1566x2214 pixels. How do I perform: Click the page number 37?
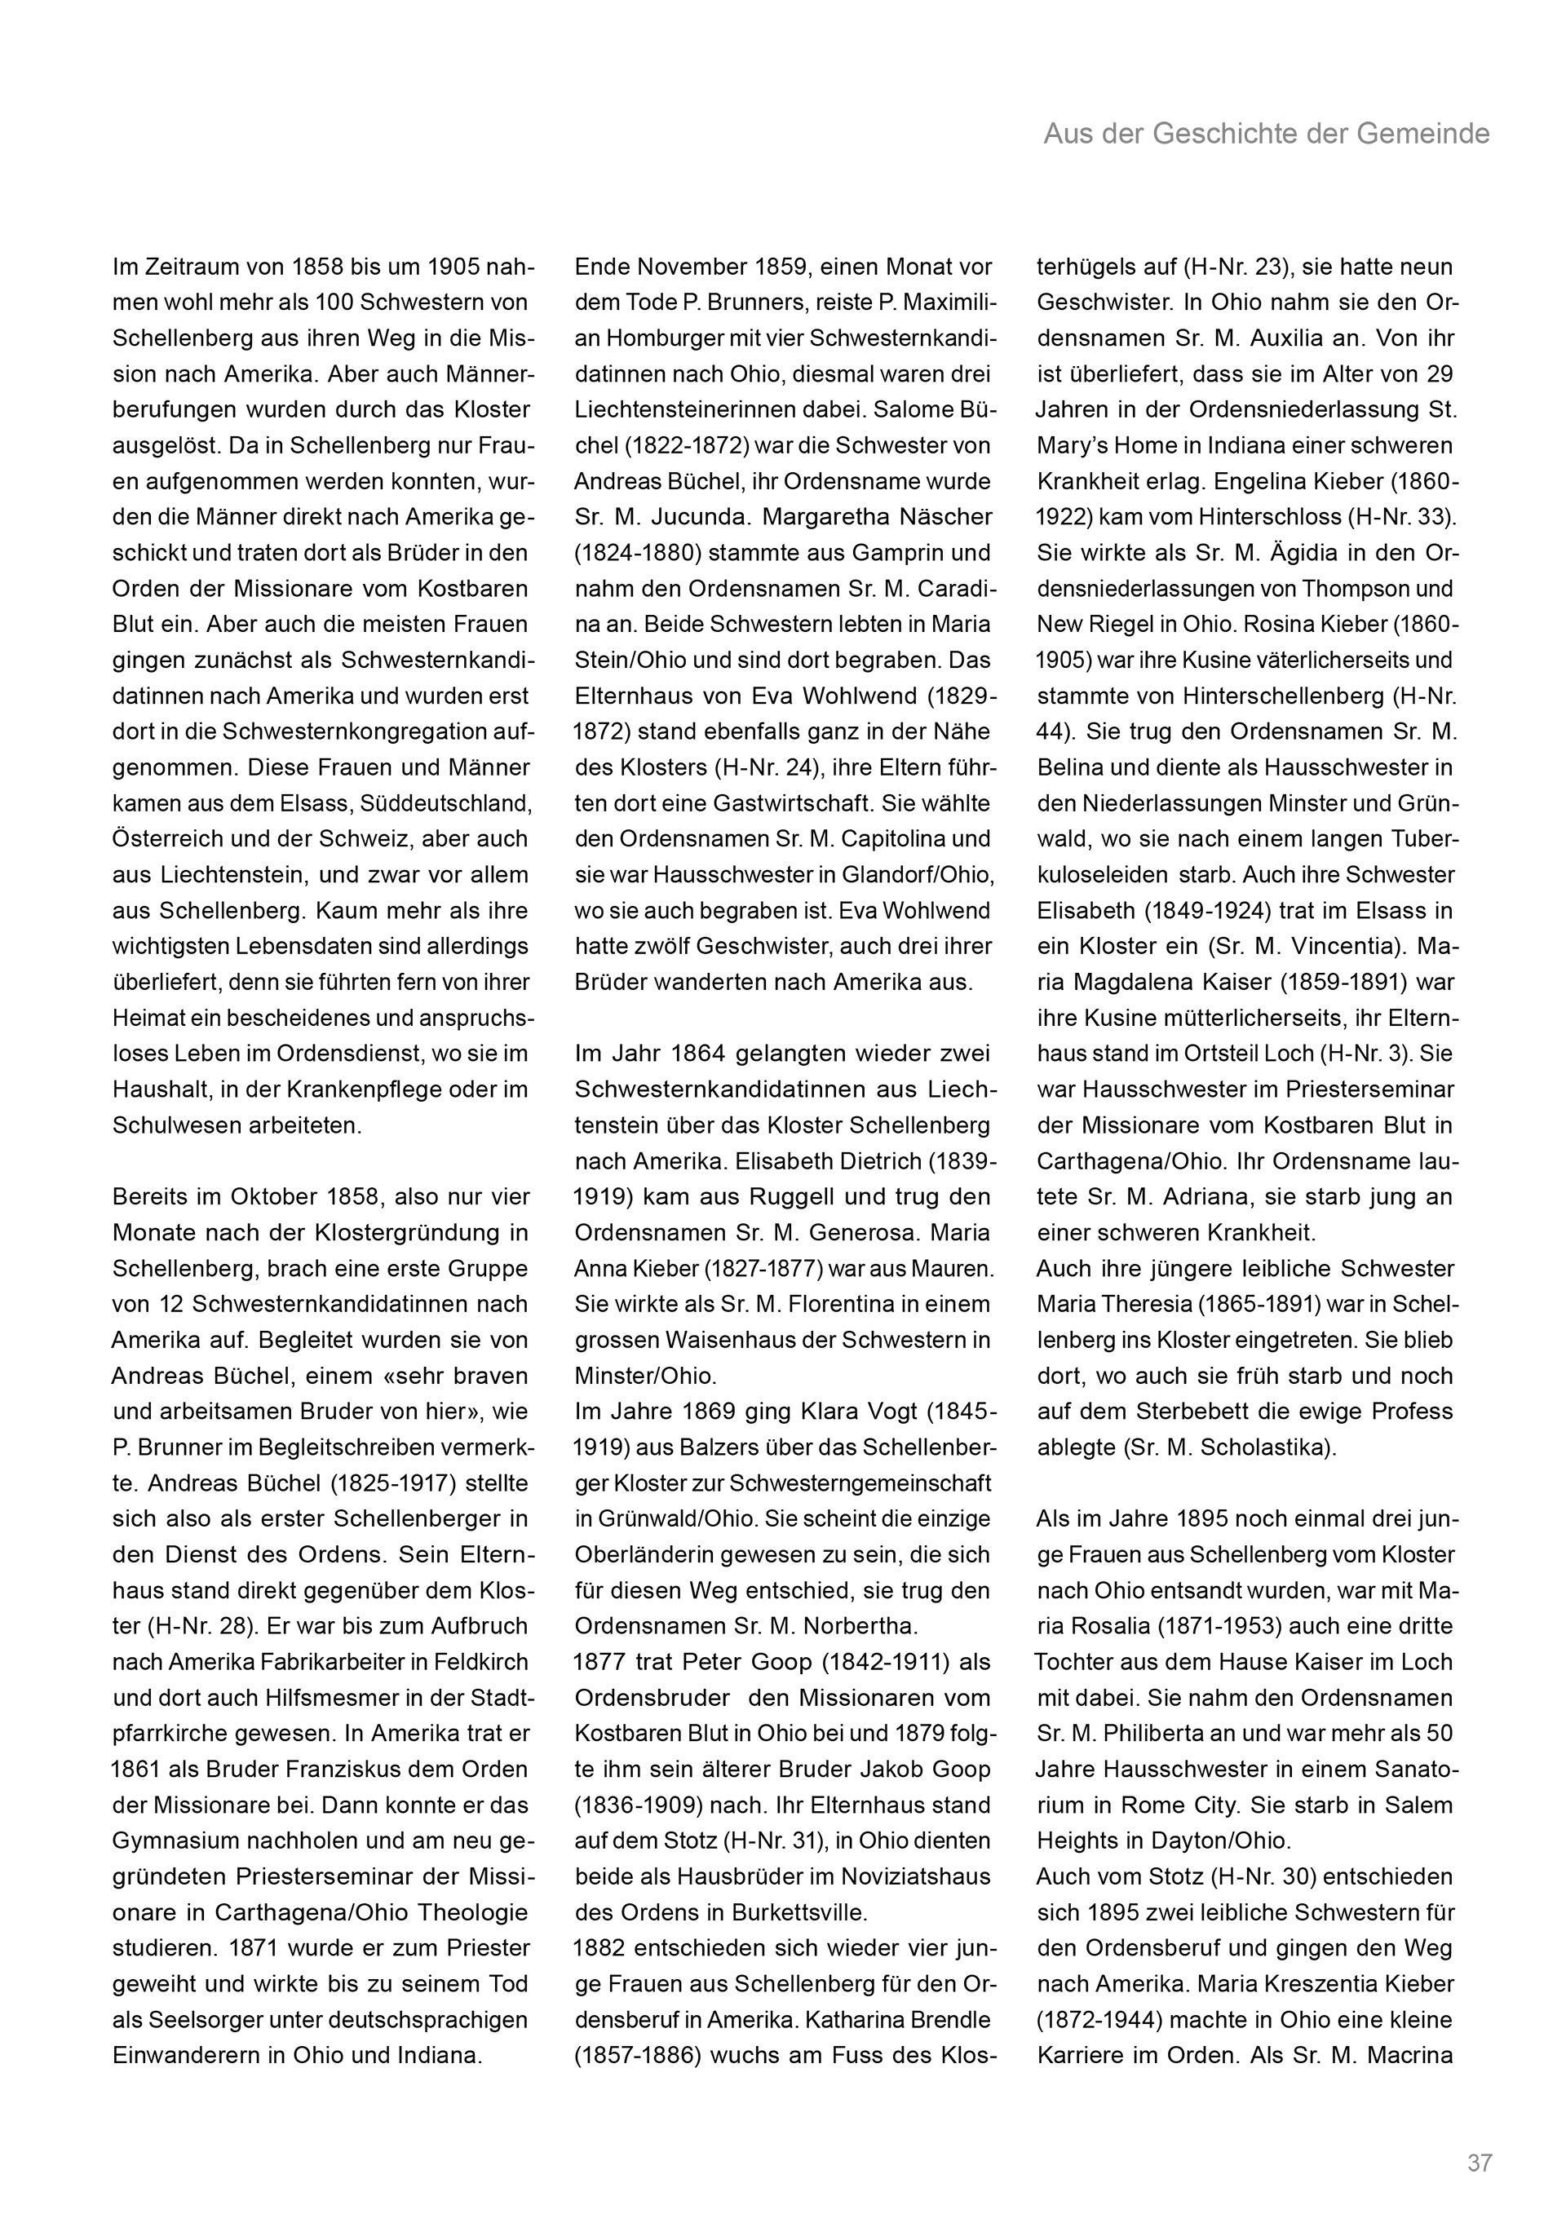1480,2135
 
